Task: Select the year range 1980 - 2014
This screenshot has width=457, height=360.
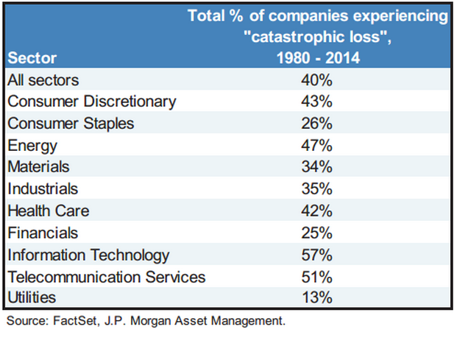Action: pyautogui.click(x=316, y=58)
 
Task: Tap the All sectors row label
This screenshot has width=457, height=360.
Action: pyautogui.click(x=42, y=79)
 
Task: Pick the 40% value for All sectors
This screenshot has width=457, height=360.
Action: pyautogui.click(x=317, y=79)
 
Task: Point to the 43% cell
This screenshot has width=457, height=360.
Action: pyautogui.click(x=317, y=101)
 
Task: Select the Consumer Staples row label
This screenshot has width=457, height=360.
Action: pyautogui.click(x=71, y=123)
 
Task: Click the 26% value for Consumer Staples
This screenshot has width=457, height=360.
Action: pyautogui.click(x=317, y=123)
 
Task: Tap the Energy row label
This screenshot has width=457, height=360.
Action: pyautogui.click(x=32, y=145)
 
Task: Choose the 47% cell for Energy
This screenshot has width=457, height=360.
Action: pyautogui.click(x=317, y=145)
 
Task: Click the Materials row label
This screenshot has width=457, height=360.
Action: pyautogui.click(x=38, y=167)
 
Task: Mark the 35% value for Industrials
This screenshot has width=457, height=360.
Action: pyautogui.click(x=317, y=189)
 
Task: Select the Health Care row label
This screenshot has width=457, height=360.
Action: pyautogui.click(x=48, y=211)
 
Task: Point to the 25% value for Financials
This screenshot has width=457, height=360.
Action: pyautogui.click(x=317, y=233)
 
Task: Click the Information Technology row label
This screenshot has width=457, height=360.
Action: pyautogui.click(x=88, y=255)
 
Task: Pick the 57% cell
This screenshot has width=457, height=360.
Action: pyautogui.click(x=317, y=255)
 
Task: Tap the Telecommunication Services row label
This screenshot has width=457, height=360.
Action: pyautogui.click(x=106, y=277)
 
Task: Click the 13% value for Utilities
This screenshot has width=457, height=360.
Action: pyautogui.click(x=317, y=298)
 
